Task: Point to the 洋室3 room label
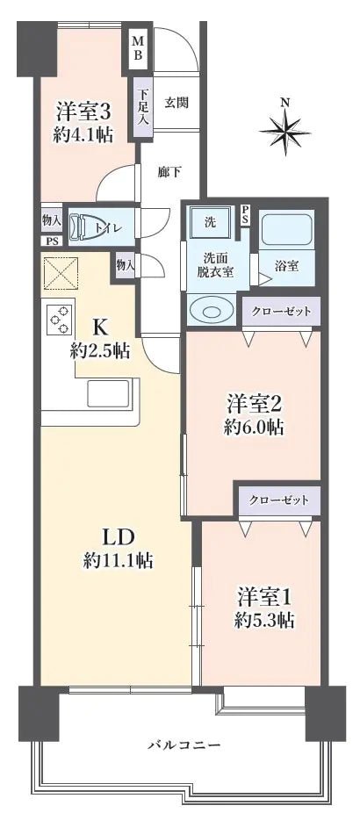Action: click(84, 111)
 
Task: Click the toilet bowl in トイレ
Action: click(88, 227)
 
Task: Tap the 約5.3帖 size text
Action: click(263, 620)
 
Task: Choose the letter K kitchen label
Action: click(100, 327)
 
